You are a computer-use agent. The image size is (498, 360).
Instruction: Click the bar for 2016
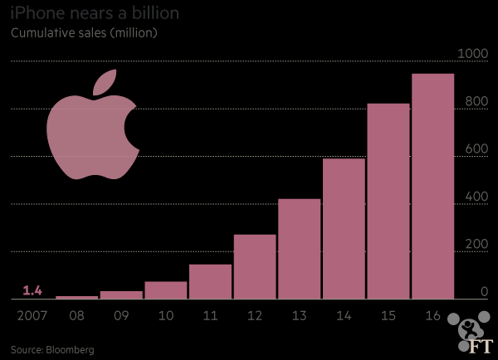tap(433, 186)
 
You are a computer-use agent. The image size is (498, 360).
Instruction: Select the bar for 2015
tap(388, 201)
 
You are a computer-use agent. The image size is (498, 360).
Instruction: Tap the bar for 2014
tap(344, 228)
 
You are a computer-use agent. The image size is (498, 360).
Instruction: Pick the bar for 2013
tap(300, 249)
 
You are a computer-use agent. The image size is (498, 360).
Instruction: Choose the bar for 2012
tap(255, 266)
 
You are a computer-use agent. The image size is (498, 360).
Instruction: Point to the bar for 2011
tap(210, 281)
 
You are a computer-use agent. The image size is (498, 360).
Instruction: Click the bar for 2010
tap(166, 289)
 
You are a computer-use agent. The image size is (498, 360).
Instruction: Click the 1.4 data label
tap(32, 289)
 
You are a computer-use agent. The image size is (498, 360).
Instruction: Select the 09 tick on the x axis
tap(121, 316)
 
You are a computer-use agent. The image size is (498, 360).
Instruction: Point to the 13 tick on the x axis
tap(300, 316)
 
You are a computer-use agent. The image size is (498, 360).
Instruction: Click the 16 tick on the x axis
tap(433, 316)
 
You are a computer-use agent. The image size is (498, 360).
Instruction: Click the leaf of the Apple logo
tap(103, 82)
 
